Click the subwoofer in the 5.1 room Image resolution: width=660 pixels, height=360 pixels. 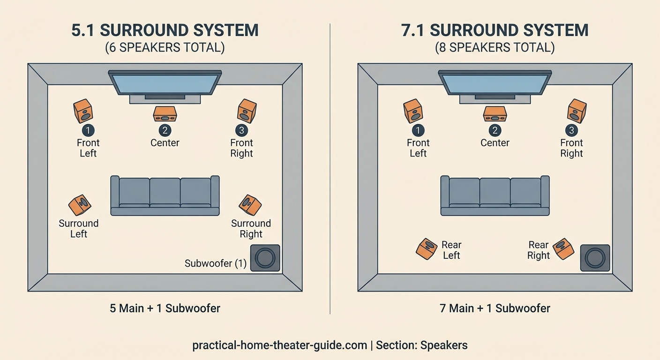[x=265, y=258]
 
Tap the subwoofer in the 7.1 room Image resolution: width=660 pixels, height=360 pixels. [x=595, y=258]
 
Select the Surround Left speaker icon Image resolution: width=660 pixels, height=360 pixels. [x=80, y=205]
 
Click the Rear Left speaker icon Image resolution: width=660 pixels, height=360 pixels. [x=427, y=248]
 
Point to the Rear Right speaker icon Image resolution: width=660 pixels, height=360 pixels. [x=563, y=248]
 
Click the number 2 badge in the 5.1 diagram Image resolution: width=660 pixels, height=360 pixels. [x=165, y=130]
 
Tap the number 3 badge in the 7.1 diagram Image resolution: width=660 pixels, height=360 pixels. [x=571, y=130]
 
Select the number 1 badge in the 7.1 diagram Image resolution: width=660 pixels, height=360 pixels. [x=418, y=130]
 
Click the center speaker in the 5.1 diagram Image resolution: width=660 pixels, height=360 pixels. [x=165, y=113]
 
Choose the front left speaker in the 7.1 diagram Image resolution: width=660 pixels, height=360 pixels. [x=413, y=111]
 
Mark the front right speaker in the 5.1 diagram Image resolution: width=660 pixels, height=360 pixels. [x=247, y=111]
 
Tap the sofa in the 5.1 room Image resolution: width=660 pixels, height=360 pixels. [x=165, y=196]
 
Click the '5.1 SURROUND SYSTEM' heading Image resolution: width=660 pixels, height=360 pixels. [x=165, y=30]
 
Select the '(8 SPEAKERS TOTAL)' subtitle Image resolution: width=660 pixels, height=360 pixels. [x=495, y=48]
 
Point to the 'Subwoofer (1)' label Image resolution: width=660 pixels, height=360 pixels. [x=216, y=263]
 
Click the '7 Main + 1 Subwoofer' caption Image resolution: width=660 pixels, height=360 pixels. [x=495, y=308]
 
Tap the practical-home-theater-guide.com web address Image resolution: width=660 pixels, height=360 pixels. [x=279, y=345]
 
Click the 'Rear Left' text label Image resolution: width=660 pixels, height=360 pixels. [x=451, y=250]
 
